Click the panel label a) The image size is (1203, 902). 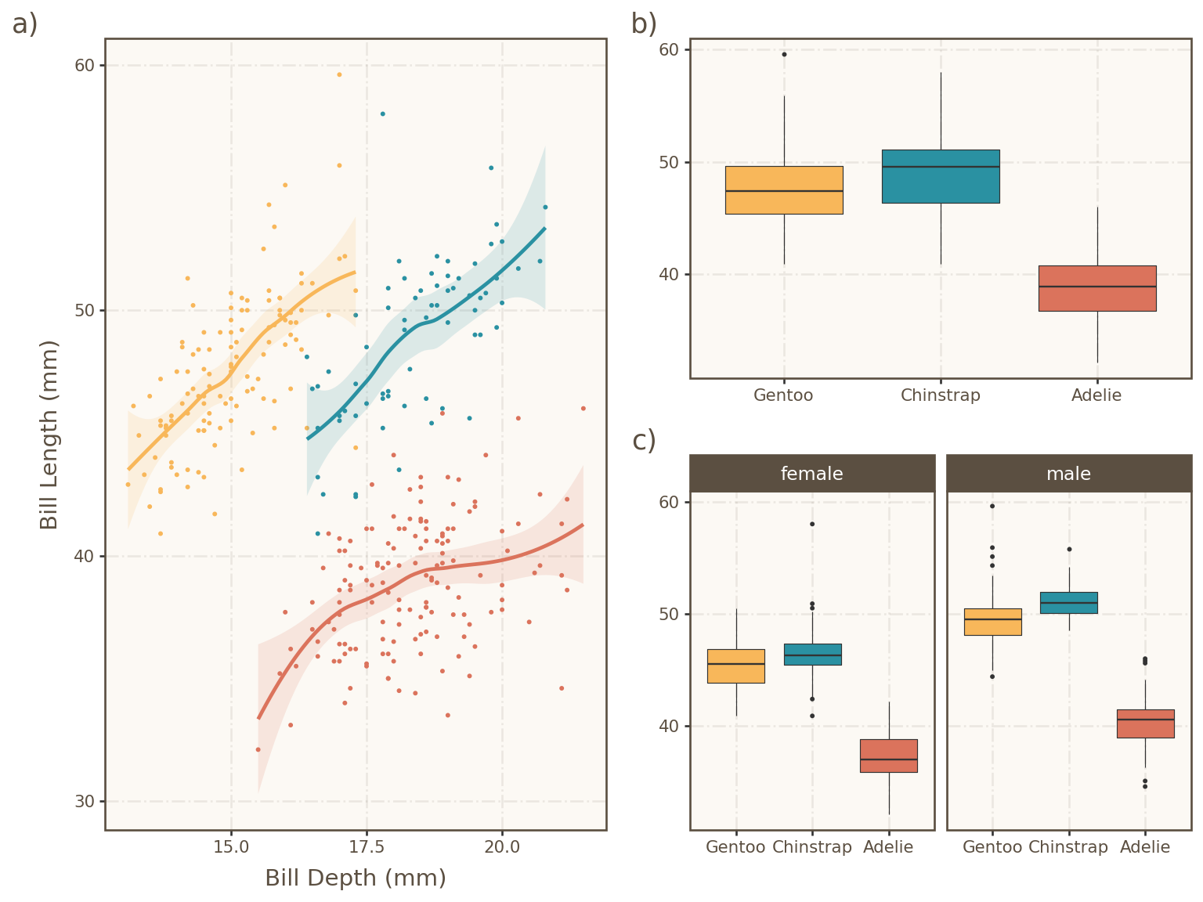25,24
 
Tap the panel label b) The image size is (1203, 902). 644,24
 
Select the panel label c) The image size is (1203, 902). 644,441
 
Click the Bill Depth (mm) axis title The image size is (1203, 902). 356,878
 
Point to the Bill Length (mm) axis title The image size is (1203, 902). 49,435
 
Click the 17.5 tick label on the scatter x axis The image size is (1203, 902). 367,847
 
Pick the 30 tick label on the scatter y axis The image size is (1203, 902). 84,801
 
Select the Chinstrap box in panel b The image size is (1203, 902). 941,176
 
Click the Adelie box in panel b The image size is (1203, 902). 1097,288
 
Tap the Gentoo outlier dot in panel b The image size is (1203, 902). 784,54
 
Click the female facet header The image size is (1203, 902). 812,474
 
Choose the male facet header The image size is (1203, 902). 1068,474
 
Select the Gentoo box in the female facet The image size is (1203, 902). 736,666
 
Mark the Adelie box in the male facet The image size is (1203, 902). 1145,723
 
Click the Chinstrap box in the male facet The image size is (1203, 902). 1069,603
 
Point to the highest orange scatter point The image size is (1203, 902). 339,74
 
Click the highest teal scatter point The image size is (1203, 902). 382,114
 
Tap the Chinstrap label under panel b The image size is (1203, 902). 941,395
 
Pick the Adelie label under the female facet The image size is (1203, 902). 888,847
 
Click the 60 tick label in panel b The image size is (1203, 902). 669,49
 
